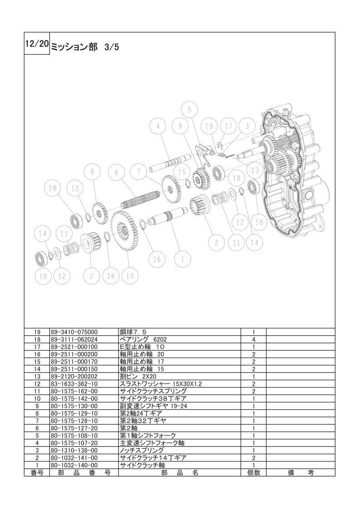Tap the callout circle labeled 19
[209, 126]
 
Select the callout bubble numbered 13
[255, 170]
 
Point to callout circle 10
[130, 276]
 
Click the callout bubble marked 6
[116, 172]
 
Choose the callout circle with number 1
[182, 259]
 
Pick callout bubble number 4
[158, 127]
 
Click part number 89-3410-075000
[74, 332]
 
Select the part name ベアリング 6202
[143, 339]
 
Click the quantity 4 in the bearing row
[253, 339]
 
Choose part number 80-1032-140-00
[74, 465]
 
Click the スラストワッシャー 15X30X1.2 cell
[161, 384]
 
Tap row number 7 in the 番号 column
[37, 421]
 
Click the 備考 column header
[301, 473]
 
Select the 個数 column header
[253, 473]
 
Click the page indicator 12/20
[37, 44]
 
